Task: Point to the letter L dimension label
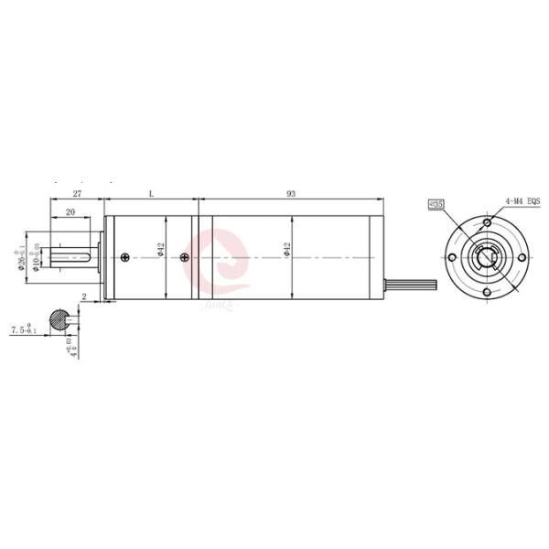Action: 151,194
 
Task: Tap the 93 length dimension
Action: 291,194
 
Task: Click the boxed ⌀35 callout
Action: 436,206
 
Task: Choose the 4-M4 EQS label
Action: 522,200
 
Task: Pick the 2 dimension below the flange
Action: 83,297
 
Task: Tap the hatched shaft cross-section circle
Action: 59,319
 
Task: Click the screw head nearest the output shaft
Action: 124,259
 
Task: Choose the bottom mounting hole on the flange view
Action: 487,293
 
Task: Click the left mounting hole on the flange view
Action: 452,258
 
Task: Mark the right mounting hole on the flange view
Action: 522,258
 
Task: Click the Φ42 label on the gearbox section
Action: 161,250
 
